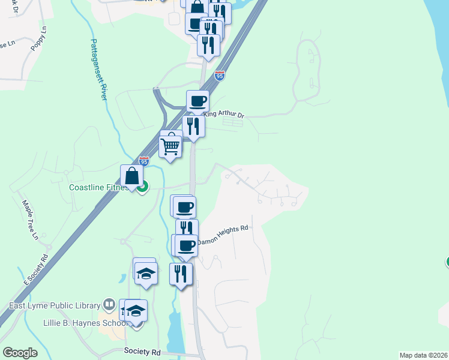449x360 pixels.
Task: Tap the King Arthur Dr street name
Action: pos(224,114)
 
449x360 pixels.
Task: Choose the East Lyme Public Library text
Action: pos(54,305)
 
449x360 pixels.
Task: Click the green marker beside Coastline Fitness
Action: pos(142,188)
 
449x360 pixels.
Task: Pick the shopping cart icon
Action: pos(170,145)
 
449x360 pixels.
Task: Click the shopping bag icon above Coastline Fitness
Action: pos(132,176)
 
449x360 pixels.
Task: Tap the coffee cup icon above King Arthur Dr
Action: pos(197,101)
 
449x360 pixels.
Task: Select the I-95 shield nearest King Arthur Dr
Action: pos(219,76)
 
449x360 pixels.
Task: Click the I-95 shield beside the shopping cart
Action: pos(143,161)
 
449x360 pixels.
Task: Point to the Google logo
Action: pos(20,352)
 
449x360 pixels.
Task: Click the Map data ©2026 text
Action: pos(423,355)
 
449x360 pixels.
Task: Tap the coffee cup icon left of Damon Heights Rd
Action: pos(186,245)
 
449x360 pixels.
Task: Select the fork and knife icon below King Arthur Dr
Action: pos(193,126)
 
